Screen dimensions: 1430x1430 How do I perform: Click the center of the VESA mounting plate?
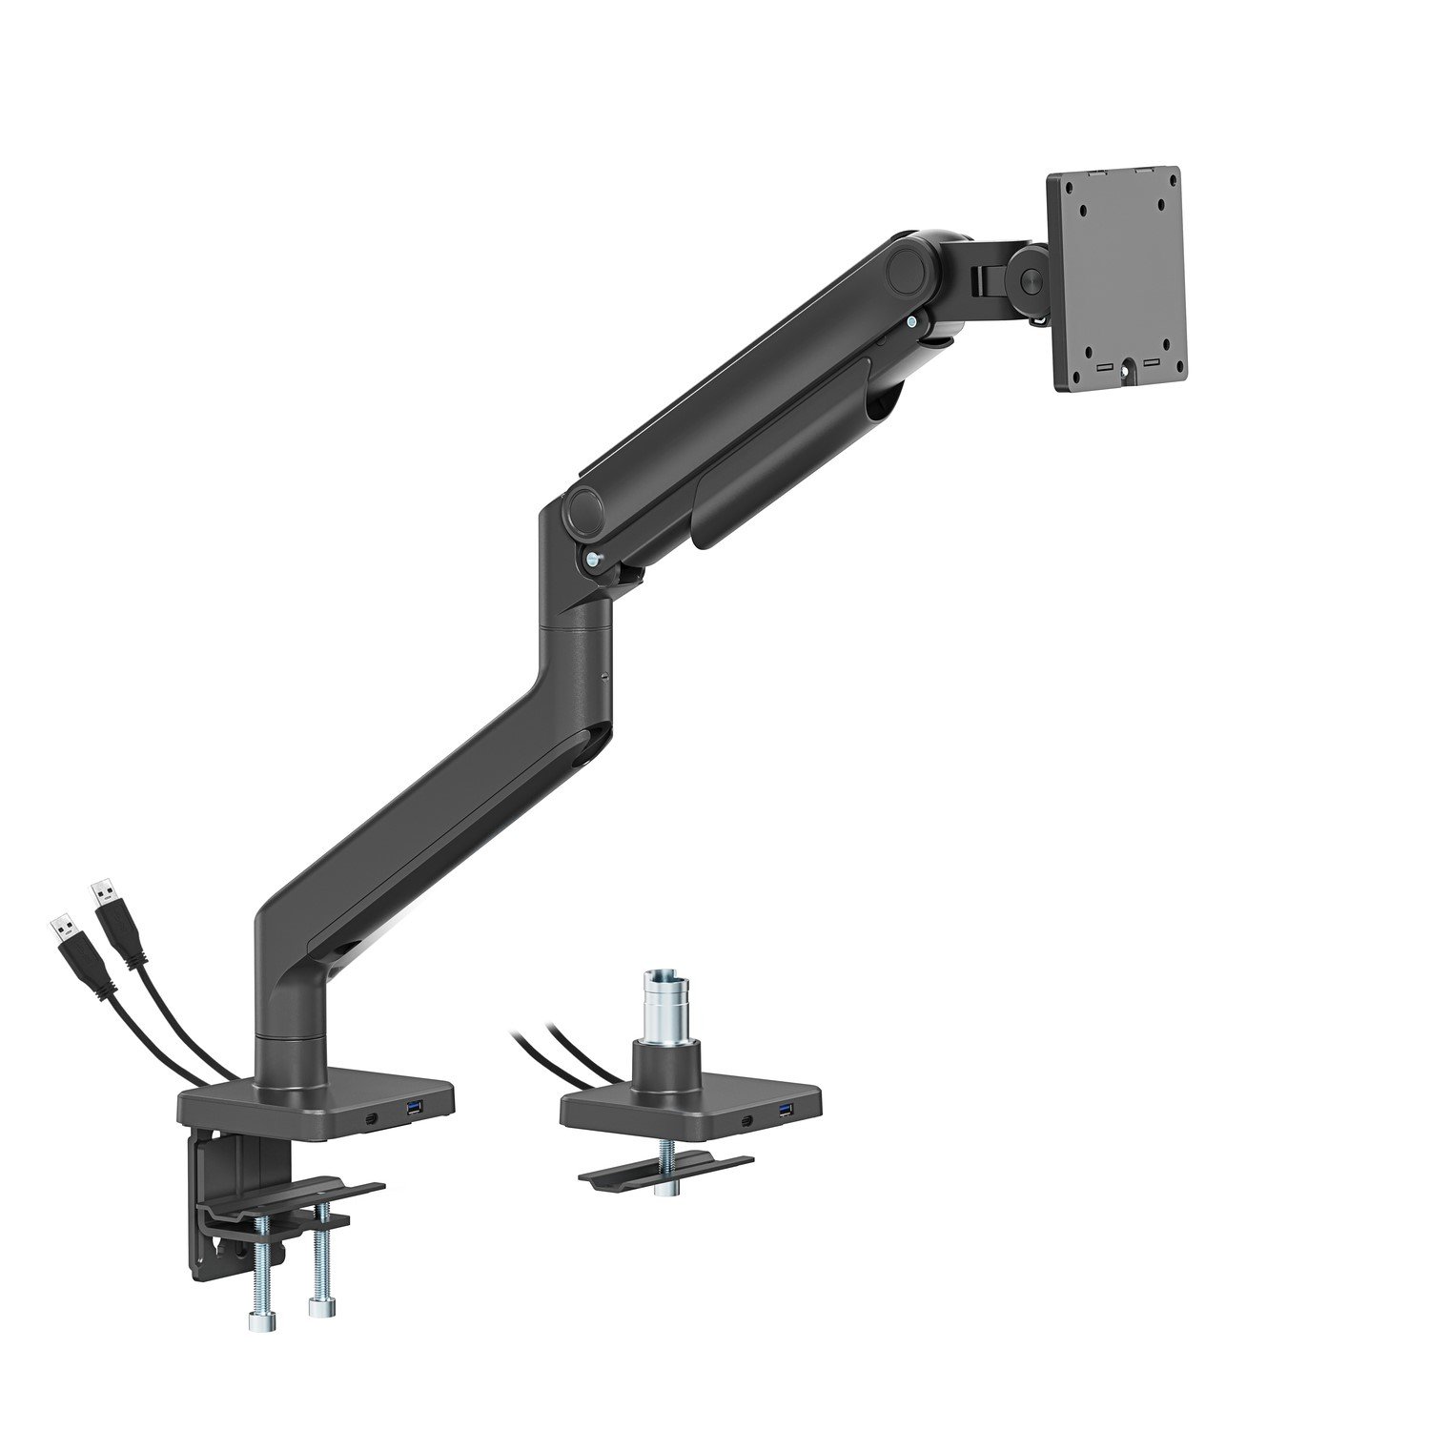point(1114,278)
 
